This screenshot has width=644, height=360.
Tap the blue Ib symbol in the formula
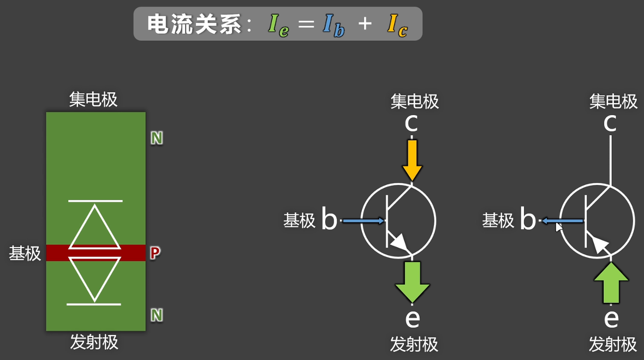[x=333, y=25]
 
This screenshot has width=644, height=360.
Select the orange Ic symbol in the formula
[x=397, y=25]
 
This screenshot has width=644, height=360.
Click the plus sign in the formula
[x=365, y=23]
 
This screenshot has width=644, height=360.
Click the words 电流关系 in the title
[x=194, y=24]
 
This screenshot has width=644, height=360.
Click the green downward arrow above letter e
[x=413, y=281]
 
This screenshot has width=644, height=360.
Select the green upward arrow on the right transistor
[x=611, y=283]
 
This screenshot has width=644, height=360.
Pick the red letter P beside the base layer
[x=155, y=253]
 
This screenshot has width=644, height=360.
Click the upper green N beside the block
[x=157, y=139]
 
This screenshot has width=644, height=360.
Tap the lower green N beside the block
[x=157, y=315]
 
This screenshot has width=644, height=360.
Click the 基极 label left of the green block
[x=25, y=253]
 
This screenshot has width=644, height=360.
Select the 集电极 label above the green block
[x=93, y=100]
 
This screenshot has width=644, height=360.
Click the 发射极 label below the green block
[x=94, y=342]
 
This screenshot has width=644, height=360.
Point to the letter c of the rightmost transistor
[x=610, y=123]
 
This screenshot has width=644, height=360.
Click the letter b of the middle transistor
[x=329, y=219]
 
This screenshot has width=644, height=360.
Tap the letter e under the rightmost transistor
[x=611, y=317]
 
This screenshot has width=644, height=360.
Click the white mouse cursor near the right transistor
[x=559, y=226]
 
